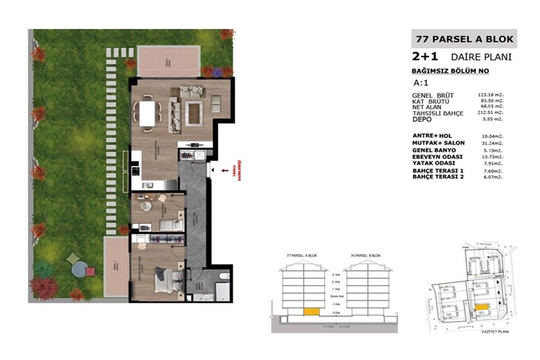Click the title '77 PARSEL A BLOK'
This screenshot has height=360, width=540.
(x=464, y=40)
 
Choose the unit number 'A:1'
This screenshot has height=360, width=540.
(x=422, y=83)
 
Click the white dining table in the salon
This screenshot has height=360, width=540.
(x=148, y=111)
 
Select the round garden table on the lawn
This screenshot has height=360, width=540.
(x=79, y=270)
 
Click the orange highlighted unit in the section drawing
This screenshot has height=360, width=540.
(x=311, y=311)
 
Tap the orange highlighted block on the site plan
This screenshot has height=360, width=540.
(x=481, y=306)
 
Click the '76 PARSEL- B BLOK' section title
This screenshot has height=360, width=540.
(x=367, y=256)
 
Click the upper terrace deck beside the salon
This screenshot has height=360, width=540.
(x=163, y=61)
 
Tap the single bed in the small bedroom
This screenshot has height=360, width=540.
(x=170, y=225)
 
